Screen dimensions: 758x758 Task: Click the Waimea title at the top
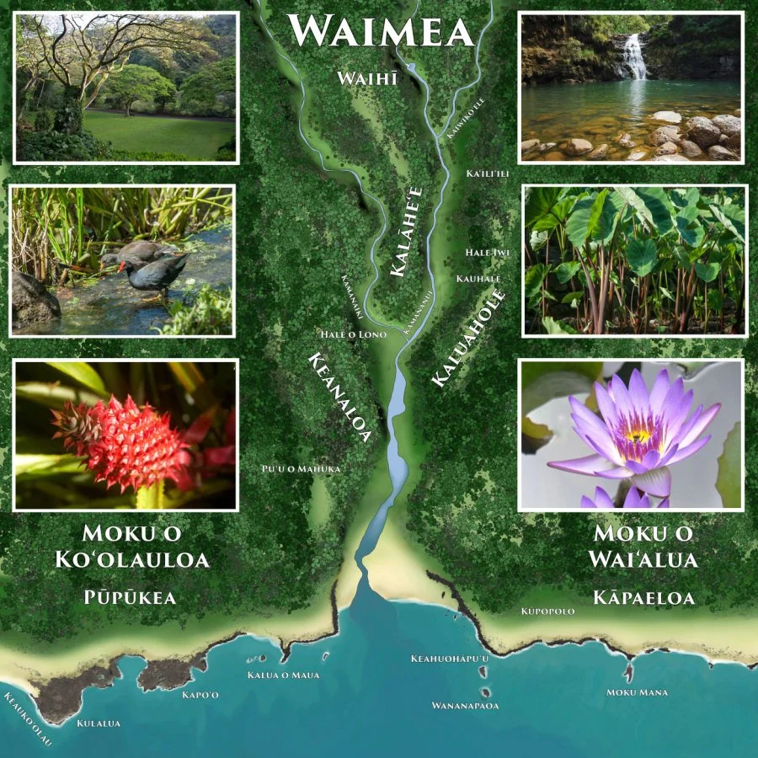click(380, 32)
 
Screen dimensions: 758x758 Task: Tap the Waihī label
click(366, 78)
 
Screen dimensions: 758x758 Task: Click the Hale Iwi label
click(488, 252)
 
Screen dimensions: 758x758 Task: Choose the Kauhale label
click(478, 278)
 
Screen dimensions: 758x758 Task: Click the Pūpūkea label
click(130, 597)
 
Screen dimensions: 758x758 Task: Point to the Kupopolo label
click(547, 611)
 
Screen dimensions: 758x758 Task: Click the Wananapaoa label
click(465, 705)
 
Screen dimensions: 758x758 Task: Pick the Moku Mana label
click(638, 692)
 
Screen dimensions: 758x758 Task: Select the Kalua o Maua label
click(283, 675)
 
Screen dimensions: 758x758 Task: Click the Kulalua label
click(99, 723)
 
